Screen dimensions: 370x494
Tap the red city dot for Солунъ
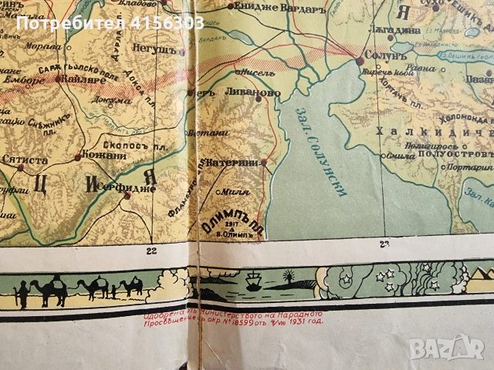(x=360, y=60)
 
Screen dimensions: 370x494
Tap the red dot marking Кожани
(x=76, y=157)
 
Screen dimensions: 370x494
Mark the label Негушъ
(x=163, y=49)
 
